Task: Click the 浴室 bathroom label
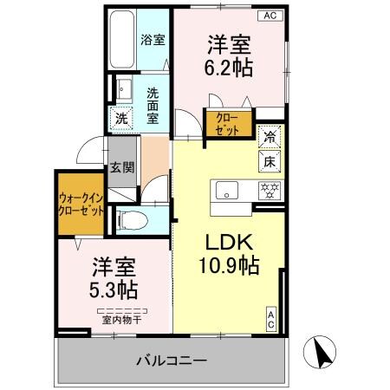tap(153, 39)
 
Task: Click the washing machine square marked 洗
tap(123, 120)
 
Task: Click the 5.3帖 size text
tap(100, 277)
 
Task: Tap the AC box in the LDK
tap(271, 318)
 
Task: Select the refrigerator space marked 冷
tap(270, 136)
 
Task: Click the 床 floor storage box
tap(270, 159)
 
